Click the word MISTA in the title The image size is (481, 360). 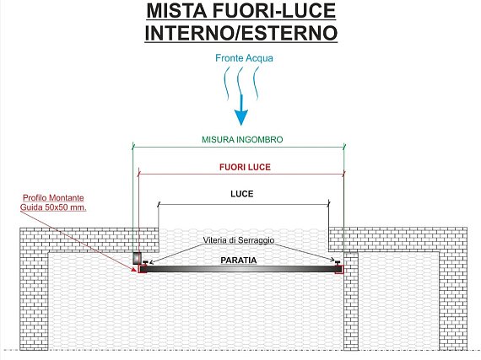[x=176, y=11]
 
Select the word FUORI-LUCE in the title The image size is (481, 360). [x=274, y=11]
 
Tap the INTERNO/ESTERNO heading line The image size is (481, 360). [x=241, y=33]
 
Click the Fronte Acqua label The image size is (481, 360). [x=244, y=58]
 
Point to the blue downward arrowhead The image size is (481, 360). [x=241, y=117]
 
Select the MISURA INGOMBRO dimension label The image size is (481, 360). [x=242, y=139]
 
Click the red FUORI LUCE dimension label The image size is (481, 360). [x=245, y=167]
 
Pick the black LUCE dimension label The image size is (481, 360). [x=242, y=194]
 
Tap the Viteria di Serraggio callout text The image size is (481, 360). [x=239, y=240]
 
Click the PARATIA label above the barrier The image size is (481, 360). [x=239, y=261]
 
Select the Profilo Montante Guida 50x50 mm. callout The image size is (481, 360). [x=53, y=202]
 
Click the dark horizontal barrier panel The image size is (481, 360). [x=240, y=269]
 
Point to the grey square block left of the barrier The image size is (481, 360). [x=137, y=258]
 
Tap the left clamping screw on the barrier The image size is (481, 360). [x=145, y=262]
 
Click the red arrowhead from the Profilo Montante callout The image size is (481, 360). [x=133, y=269]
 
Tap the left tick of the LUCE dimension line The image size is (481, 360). [x=159, y=204]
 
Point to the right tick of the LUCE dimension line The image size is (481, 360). [x=329, y=204]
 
